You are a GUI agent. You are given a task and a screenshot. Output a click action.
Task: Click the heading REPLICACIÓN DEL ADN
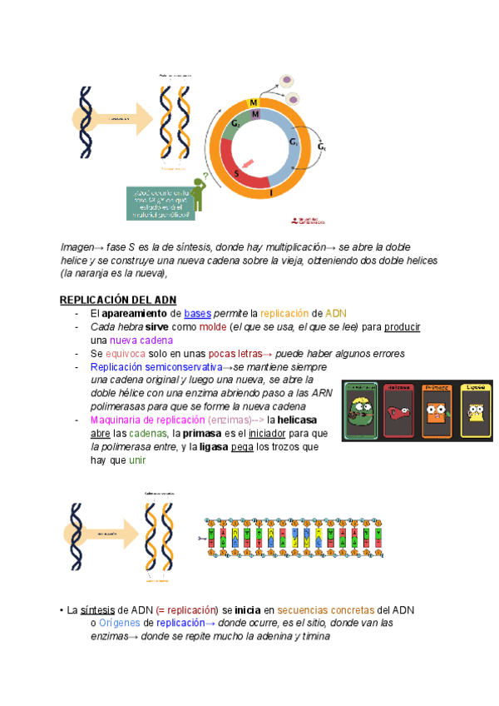click(117, 300)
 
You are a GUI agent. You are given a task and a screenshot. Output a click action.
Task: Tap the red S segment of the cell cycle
click(240, 172)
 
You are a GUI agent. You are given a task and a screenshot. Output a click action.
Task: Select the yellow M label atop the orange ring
click(254, 102)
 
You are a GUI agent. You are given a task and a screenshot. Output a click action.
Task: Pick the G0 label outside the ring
click(323, 147)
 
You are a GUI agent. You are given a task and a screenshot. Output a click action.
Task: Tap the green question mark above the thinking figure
click(205, 175)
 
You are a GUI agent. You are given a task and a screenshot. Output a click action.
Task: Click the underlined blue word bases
click(198, 314)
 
